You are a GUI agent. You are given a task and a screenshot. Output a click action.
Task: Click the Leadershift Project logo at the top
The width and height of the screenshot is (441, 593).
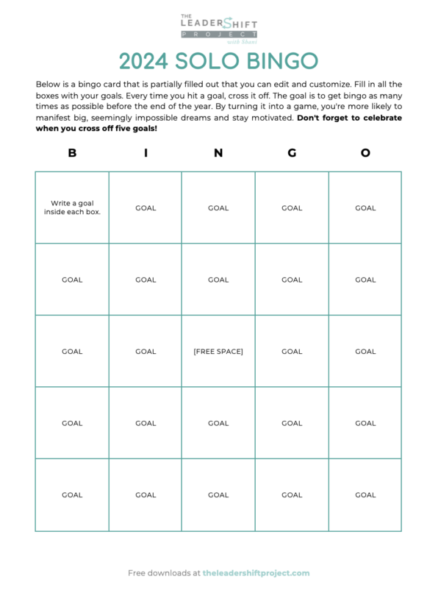(218, 28)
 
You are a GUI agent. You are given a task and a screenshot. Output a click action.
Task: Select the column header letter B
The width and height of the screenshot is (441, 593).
(72, 153)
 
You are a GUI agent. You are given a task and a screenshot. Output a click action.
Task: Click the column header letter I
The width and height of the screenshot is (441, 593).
(146, 153)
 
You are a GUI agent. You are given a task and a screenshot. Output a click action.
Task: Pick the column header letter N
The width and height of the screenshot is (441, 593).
(218, 153)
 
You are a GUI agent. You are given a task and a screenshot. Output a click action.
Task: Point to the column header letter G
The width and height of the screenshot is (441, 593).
(292, 153)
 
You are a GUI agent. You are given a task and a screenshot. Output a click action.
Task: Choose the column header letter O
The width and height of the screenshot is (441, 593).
(365, 153)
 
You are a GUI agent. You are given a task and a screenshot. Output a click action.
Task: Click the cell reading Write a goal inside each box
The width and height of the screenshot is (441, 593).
(72, 207)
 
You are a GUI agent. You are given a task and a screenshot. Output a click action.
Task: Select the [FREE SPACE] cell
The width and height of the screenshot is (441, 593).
(218, 352)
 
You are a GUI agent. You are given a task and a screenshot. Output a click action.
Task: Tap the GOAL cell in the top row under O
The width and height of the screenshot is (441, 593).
(365, 208)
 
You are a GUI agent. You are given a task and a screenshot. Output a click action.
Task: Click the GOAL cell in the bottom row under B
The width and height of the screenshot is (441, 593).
(72, 495)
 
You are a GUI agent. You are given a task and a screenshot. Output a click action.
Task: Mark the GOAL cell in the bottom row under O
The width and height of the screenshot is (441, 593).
(365, 495)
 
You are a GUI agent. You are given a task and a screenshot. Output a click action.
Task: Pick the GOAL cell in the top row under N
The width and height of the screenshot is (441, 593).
(218, 208)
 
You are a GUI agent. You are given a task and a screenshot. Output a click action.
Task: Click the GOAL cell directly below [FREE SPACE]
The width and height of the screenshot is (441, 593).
(218, 423)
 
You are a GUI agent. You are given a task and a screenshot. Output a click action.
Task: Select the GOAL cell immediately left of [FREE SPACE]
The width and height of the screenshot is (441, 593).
(146, 352)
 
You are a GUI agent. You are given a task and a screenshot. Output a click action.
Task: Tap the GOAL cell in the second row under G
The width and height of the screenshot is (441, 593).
(292, 280)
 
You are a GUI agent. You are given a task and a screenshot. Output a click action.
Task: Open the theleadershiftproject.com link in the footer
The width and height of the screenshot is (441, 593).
(256, 573)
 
